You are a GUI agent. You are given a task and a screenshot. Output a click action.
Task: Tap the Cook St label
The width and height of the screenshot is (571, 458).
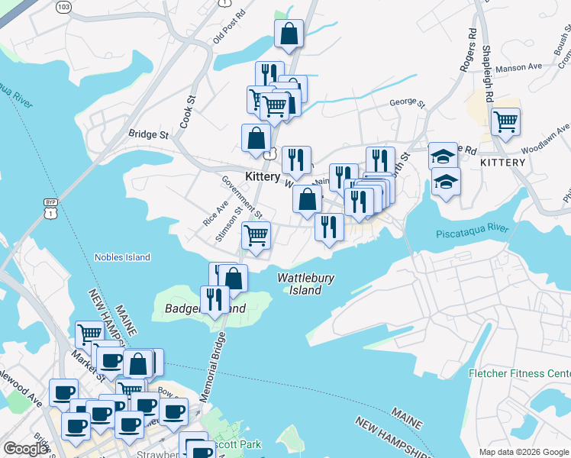(188, 111)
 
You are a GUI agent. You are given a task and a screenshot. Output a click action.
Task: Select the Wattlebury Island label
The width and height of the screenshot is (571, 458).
(305, 284)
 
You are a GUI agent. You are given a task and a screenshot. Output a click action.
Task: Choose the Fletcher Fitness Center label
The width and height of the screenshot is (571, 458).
(519, 374)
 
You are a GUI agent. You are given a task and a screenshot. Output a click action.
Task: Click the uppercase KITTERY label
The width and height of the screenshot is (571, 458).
(502, 163)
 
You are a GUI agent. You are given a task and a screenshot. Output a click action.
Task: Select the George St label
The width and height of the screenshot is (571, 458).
(406, 102)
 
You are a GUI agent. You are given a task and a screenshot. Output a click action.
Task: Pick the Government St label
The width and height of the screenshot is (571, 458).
(242, 197)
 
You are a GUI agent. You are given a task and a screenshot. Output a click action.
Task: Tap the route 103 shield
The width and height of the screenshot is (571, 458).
(65, 7)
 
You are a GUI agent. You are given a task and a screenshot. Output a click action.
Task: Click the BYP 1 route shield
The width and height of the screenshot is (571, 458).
(51, 207)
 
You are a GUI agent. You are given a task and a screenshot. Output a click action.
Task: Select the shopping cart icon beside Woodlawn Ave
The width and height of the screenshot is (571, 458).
(505, 121)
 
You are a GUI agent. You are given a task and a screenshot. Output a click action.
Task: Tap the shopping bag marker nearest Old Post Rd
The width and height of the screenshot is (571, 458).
(289, 34)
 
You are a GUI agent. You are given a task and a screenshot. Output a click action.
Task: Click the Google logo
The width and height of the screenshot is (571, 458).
(25, 450)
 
